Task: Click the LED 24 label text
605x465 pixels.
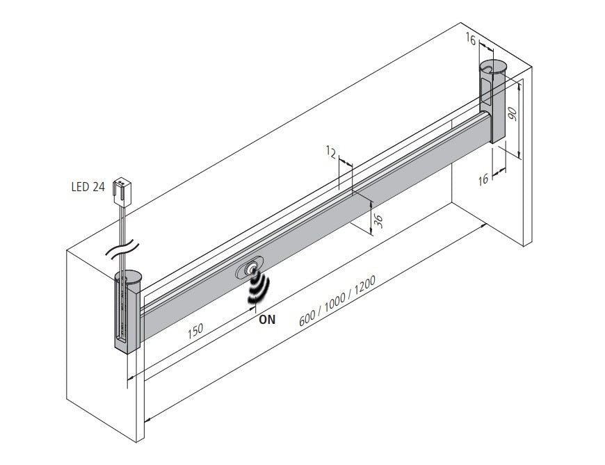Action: [x=88, y=186]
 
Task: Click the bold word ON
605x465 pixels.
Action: [x=267, y=320]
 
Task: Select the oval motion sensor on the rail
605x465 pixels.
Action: [x=250, y=268]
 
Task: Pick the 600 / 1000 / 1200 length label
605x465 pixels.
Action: [x=337, y=302]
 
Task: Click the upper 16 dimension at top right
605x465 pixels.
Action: [x=471, y=41]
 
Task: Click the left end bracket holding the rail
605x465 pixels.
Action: [x=127, y=313]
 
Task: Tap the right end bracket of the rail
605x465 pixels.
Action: [x=494, y=104]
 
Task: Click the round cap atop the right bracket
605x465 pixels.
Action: [x=494, y=67]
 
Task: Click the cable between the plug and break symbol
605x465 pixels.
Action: [x=123, y=222]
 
